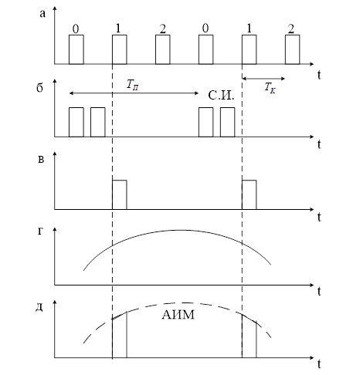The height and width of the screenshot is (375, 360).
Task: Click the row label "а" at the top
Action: (42, 14)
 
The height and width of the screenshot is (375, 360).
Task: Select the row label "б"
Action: (39, 87)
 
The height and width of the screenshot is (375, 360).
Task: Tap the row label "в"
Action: (41, 160)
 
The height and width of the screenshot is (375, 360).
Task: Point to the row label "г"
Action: (40, 231)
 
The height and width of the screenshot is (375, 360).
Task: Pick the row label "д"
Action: (39, 307)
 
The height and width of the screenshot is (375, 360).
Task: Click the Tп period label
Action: (133, 85)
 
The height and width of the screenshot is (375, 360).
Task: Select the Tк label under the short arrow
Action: (270, 88)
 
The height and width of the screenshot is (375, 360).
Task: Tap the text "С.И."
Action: (221, 96)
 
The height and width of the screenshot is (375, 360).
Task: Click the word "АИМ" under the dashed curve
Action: (178, 315)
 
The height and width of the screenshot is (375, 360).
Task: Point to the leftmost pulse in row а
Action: (76, 49)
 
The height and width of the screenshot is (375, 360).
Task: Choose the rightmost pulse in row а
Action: (292, 49)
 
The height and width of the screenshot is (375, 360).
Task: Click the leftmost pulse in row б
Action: (76, 122)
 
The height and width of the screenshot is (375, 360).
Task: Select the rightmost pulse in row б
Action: (227, 122)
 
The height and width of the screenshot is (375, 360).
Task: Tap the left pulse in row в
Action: (120, 195)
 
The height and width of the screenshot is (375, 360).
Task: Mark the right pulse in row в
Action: (249, 195)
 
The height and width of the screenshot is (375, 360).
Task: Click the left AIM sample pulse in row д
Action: (120, 335)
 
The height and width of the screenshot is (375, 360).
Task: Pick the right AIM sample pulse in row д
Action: (249, 336)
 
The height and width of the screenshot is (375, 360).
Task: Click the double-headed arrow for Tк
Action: (263, 79)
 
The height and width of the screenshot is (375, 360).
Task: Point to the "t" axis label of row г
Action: (319, 292)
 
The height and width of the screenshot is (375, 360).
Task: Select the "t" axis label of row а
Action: (319, 75)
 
